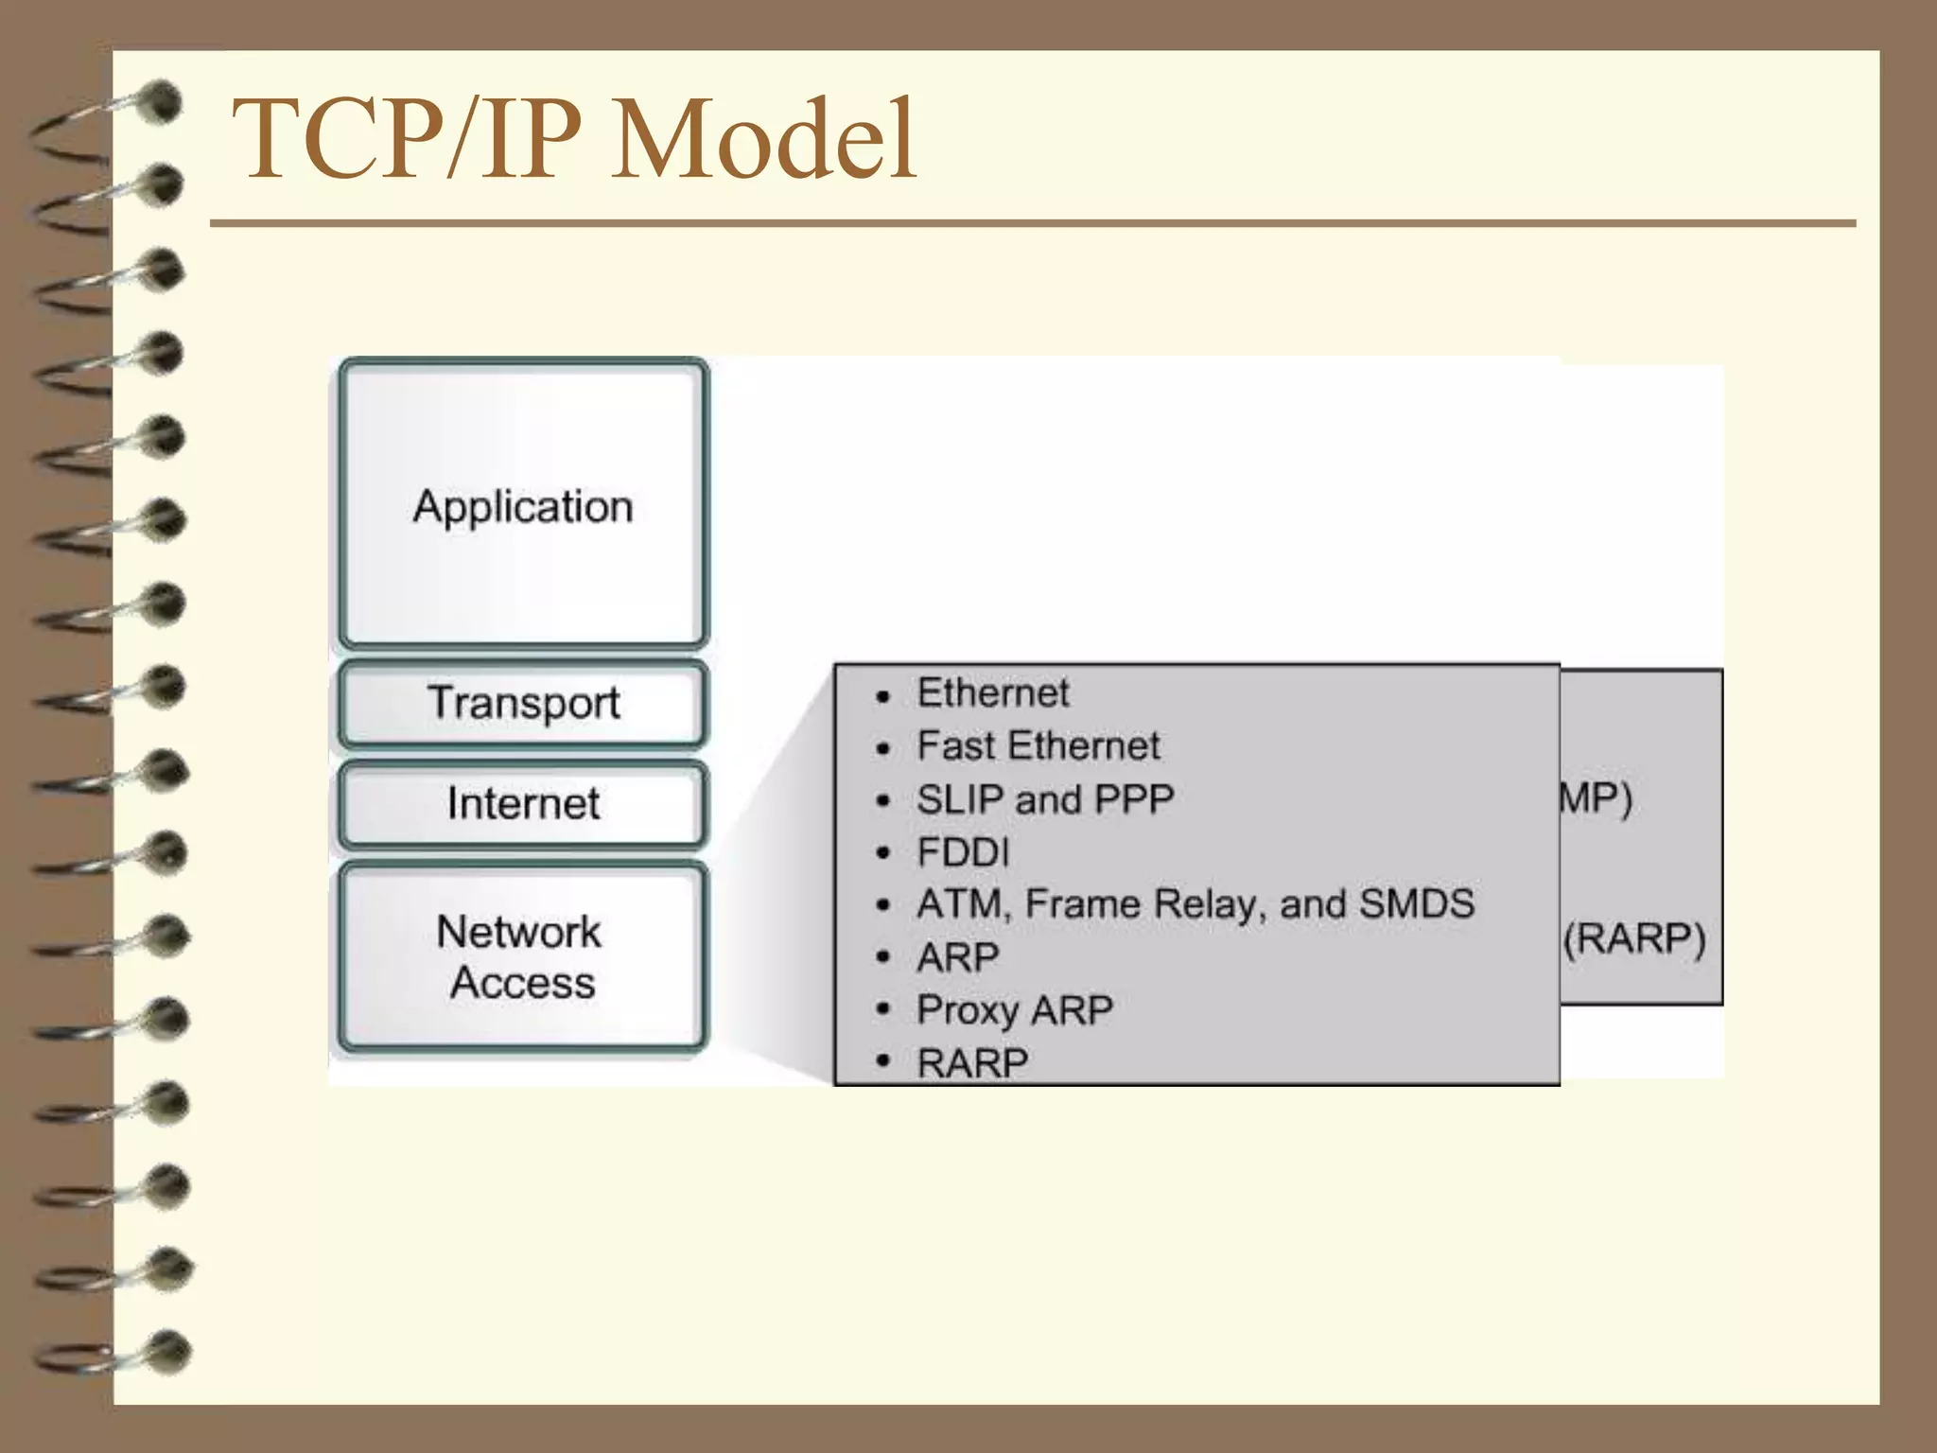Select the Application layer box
(523, 506)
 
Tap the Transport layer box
(523, 704)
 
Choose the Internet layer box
(523, 804)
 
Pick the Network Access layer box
(523, 956)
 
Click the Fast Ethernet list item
(1038, 745)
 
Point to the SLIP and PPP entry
(1044, 799)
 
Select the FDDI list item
(963, 852)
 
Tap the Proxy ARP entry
(1014, 1010)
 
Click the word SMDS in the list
(1416, 904)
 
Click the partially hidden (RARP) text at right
(1634, 939)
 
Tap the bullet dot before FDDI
(883, 854)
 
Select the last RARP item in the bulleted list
(972, 1062)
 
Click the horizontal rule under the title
(1031, 224)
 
